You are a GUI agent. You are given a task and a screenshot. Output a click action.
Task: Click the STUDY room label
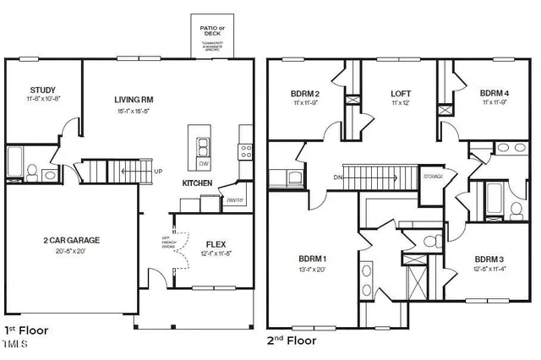42,90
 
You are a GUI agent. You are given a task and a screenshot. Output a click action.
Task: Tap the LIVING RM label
134,100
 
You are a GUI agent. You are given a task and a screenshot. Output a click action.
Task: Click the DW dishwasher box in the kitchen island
203,163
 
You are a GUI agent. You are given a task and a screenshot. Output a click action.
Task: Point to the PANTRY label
235,200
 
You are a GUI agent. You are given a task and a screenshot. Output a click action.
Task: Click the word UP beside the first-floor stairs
158,172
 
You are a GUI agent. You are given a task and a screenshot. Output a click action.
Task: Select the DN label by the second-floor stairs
336,177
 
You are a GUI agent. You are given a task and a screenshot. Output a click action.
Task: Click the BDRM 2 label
304,94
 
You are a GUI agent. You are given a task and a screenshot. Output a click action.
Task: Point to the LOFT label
401,94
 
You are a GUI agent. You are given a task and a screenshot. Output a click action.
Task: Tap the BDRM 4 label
495,94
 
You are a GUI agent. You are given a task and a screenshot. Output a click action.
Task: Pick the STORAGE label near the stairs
433,177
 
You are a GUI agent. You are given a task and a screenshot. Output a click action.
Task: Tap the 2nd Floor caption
292,341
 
